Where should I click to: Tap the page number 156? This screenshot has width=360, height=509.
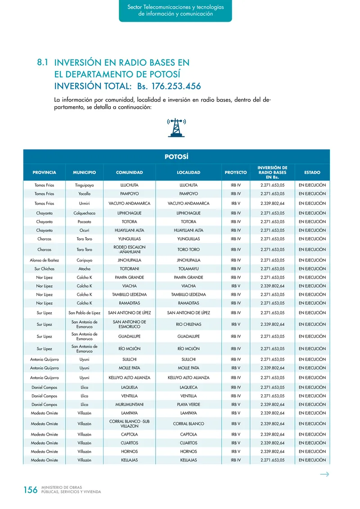click(30, 490)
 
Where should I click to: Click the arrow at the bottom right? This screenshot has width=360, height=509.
click(324, 474)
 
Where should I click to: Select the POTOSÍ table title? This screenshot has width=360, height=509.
click(176, 157)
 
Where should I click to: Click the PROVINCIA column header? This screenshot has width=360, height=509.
click(44, 172)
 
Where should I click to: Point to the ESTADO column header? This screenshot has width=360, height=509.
click(312, 172)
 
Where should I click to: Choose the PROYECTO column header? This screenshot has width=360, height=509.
click(236, 172)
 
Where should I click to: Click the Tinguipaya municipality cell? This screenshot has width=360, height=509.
click(84, 185)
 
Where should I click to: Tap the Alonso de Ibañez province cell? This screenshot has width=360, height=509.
click(44, 260)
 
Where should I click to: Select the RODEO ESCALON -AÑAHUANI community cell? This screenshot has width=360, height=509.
click(129, 249)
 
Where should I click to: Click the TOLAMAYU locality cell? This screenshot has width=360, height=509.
click(189, 269)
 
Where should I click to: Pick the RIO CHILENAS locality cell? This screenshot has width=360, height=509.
click(189, 324)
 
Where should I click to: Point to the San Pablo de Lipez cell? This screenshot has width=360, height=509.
click(84, 313)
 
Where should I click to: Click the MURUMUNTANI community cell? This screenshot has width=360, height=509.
click(129, 404)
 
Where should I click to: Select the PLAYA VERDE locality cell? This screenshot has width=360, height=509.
click(189, 404)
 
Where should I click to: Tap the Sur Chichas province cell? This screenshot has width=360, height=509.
click(44, 269)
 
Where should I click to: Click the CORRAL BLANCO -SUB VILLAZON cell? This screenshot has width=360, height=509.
click(129, 423)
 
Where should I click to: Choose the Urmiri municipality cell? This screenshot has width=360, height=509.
click(84, 203)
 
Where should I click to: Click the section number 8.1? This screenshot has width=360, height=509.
click(43, 63)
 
